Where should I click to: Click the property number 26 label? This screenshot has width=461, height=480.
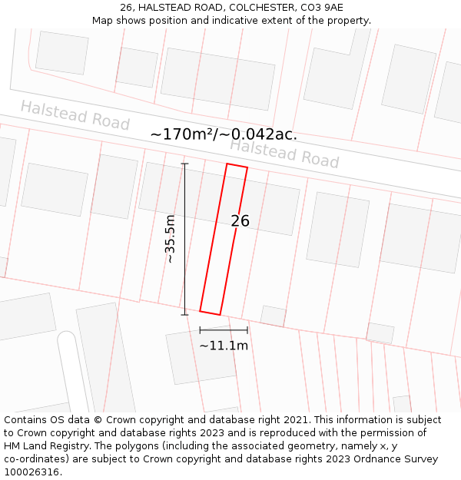pos(240,220)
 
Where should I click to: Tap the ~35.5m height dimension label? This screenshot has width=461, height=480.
pos(171,240)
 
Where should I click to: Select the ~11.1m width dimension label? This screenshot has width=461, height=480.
pos(224,346)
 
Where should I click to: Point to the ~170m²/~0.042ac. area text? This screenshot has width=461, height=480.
pos(224,134)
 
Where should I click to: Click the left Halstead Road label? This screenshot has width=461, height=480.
pos(75,115)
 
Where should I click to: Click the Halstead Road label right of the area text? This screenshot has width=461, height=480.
pos(284,154)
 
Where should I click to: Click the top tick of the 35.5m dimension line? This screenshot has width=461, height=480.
pos(184,164)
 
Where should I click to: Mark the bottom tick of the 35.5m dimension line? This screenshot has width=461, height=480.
pos(184,314)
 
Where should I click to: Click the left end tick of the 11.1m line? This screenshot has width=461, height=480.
pos(200,330)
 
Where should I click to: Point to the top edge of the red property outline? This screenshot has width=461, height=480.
pos(237,166)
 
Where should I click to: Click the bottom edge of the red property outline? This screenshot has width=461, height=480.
pos(210,313)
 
